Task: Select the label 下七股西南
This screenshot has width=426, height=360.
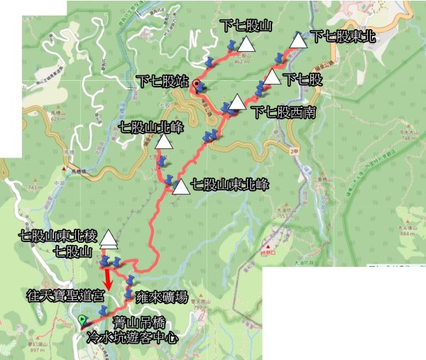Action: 282,112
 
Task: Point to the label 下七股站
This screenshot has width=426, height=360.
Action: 163,80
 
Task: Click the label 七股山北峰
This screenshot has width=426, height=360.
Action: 151,129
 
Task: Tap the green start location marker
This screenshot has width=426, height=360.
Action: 83,321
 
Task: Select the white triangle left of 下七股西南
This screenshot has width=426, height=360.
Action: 237,103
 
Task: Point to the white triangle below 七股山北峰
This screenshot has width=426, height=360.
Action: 163,142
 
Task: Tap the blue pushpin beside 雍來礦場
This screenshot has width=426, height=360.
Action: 129,293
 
